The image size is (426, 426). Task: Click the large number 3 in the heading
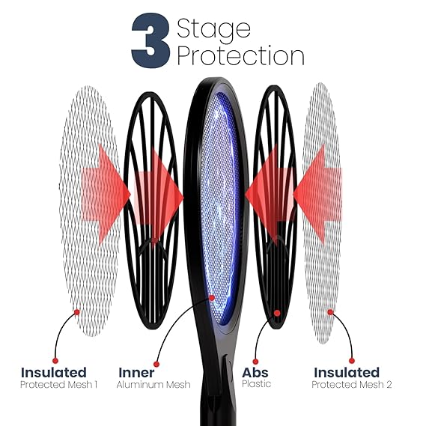pyautogui.click(x=150, y=40)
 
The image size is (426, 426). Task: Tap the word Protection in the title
pyautogui.click(x=240, y=55)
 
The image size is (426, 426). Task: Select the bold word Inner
pyautogui.click(x=136, y=372)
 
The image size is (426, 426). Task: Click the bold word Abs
pyautogui.click(x=255, y=372)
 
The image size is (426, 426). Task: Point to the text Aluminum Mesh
pyautogui.click(x=153, y=384)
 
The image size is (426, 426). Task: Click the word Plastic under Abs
pyautogui.click(x=257, y=383)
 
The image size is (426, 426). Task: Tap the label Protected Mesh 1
pyautogui.click(x=58, y=384)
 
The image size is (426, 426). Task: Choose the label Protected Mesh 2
pyautogui.click(x=352, y=384)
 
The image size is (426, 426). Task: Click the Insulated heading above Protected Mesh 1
pyautogui.click(x=53, y=372)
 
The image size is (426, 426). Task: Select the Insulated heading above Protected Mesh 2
pyautogui.click(x=347, y=372)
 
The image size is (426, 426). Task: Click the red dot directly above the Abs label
pyautogui.click(x=255, y=362)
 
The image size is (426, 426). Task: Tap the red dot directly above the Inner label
pyautogui.click(x=156, y=364)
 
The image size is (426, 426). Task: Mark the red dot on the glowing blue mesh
pyautogui.click(x=212, y=297)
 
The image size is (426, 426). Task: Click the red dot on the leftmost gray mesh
pyautogui.click(x=77, y=312)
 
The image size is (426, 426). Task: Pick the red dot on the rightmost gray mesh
pyautogui.click(x=330, y=312)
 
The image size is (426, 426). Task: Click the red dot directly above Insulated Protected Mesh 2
pyautogui.click(x=352, y=361)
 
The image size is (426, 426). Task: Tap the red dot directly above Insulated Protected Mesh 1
pyautogui.click(x=55, y=361)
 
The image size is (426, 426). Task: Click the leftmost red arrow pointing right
pyautogui.click(x=106, y=194)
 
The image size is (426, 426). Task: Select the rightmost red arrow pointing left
pyautogui.click(x=318, y=194)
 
